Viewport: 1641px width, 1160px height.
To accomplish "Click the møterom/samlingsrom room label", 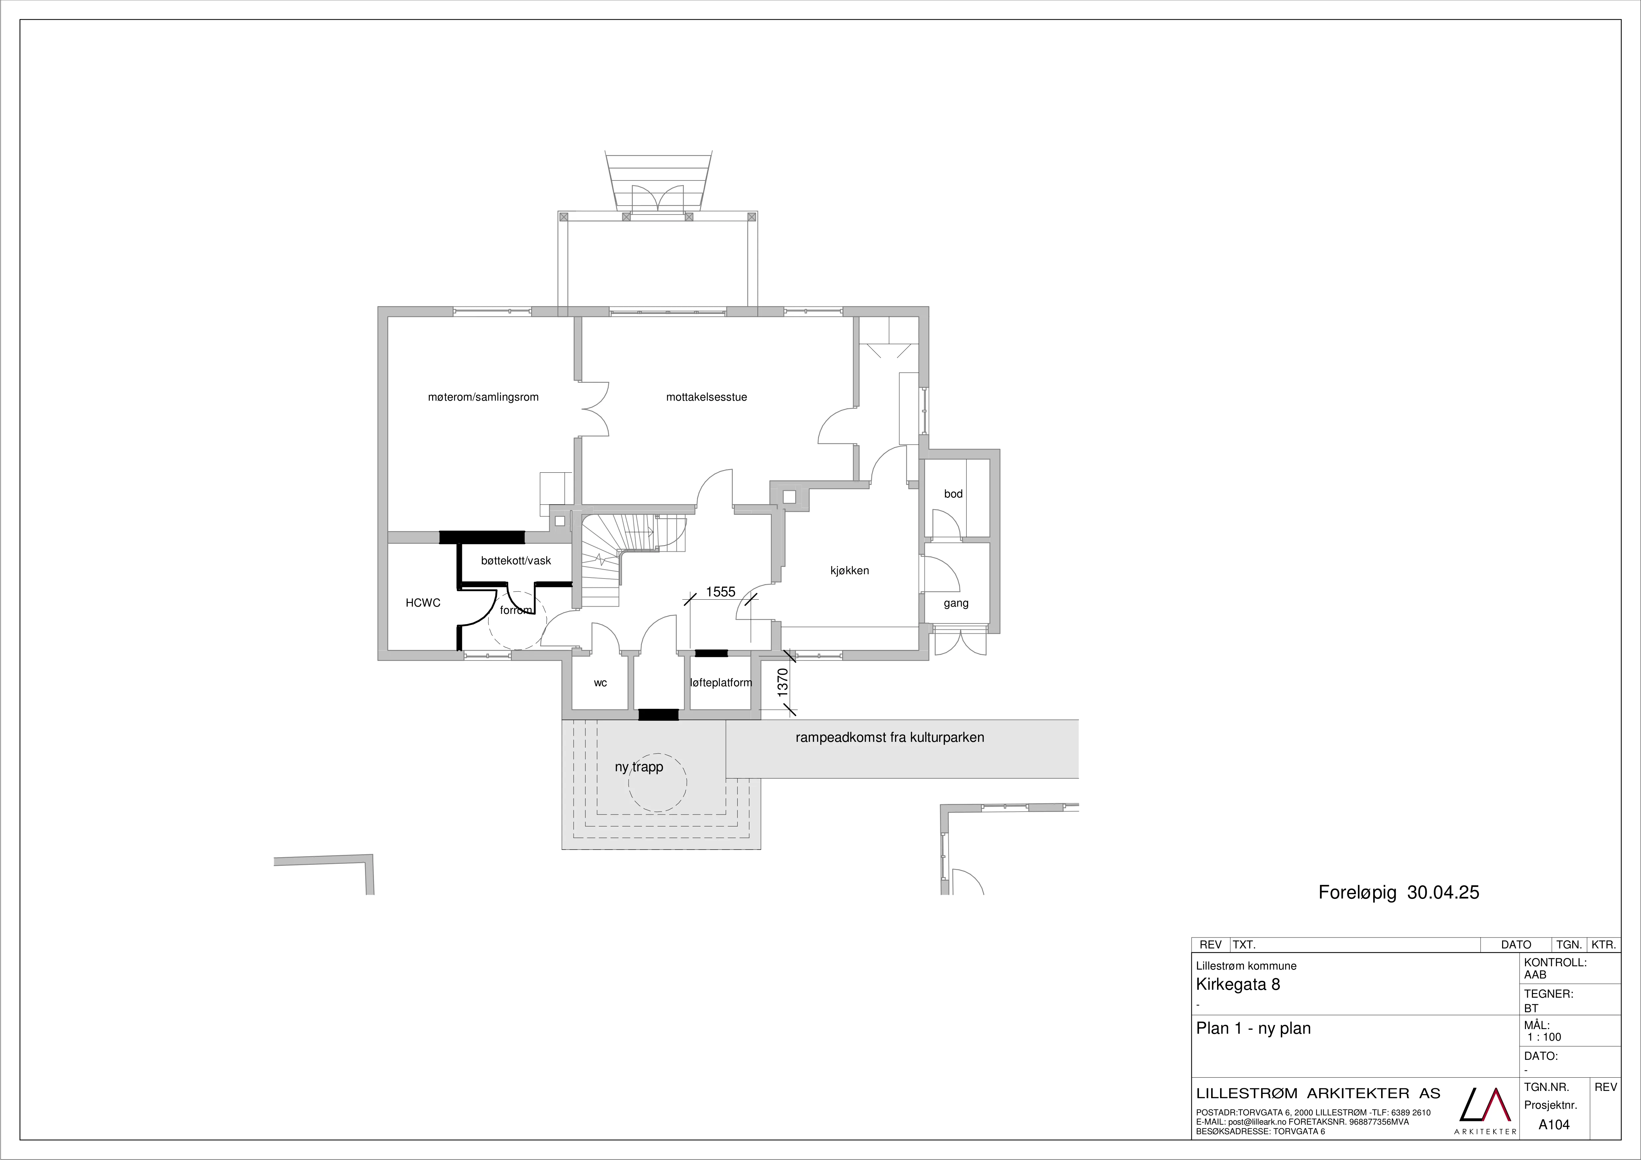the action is tap(483, 397).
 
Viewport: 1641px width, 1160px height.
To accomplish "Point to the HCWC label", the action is tap(423, 603).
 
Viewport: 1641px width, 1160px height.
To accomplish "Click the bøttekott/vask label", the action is tap(516, 561).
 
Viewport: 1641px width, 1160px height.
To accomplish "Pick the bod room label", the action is tap(954, 494).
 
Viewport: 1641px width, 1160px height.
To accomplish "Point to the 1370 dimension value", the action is tap(783, 683).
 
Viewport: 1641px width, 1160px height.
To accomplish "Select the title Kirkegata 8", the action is tap(1238, 984).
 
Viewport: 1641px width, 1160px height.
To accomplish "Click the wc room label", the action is tap(600, 683).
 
